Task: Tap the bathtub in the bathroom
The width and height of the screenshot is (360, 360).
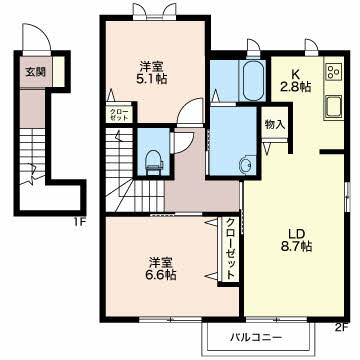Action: (x=252, y=80)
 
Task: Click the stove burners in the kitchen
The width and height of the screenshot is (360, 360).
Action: (x=334, y=71)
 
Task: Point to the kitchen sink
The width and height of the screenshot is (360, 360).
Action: (x=334, y=106)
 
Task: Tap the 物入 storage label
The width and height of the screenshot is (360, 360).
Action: (x=275, y=125)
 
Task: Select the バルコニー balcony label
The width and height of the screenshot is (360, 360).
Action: (x=256, y=337)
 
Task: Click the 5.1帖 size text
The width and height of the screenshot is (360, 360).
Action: (x=153, y=80)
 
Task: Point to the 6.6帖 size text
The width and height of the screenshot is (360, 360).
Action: (x=162, y=275)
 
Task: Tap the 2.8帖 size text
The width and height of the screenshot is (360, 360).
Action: (x=297, y=87)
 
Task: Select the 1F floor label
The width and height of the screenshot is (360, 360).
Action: (x=80, y=222)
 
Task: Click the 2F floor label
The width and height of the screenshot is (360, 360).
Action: (x=341, y=327)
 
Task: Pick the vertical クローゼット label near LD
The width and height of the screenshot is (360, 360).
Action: (x=230, y=249)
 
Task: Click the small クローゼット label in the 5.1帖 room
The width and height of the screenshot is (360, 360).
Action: (x=118, y=115)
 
